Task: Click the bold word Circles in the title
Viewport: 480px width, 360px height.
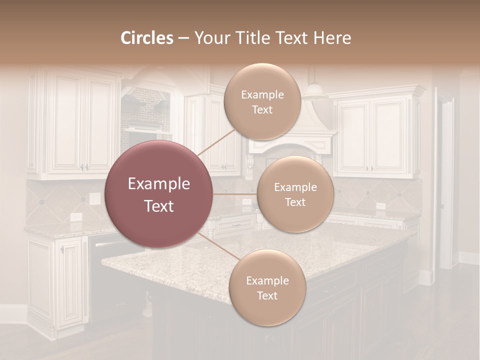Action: coord(146,38)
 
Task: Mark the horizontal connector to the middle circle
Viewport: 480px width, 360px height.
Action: coord(234,194)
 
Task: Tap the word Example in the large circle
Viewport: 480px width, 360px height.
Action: coord(159,184)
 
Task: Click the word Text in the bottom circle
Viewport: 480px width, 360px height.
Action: coord(267,295)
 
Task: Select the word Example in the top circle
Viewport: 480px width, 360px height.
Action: coord(262,94)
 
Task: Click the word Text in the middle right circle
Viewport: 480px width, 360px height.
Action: coord(295,202)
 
